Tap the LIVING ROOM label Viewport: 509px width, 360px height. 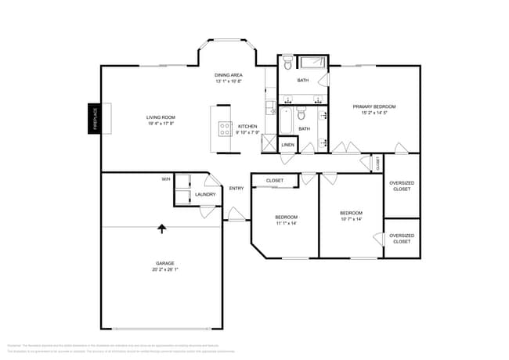(x=161, y=117)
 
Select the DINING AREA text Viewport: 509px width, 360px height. (x=229, y=75)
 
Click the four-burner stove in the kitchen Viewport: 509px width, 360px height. (x=225, y=129)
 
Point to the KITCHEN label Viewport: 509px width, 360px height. (x=247, y=126)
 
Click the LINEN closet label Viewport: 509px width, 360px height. (x=287, y=146)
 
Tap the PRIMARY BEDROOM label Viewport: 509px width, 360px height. (x=374, y=106)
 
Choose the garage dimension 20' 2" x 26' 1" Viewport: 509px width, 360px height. (x=164, y=270)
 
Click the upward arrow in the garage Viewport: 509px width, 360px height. (x=162, y=229)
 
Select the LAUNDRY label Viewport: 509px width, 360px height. (x=205, y=195)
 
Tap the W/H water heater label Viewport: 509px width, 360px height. (x=166, y=179)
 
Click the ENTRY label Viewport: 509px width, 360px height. (x=236, y=188)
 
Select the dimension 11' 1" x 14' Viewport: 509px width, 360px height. (x=286, y=223)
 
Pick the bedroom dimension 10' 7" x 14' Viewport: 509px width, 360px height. (x=351, y=219)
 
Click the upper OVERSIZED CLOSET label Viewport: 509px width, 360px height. (x=401, y=185)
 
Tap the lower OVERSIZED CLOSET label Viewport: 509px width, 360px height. (x=401, y=238)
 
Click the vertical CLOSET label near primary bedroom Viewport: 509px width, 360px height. (x=377, y=164)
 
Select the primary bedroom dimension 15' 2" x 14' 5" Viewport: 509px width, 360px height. (x=374, y=113)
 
